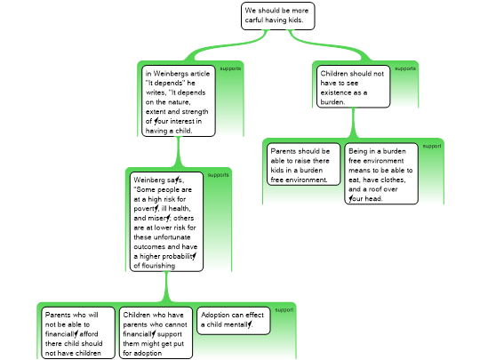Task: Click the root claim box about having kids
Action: click(277, 16)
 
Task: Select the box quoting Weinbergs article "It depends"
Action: click(179, 100)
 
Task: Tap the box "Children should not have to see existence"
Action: click(353, 86)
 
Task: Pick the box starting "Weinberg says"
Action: click(166, 221)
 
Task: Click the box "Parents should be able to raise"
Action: click(303, 164)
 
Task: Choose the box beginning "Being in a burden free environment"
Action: click(381, 173)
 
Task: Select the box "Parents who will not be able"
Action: click(78, 333)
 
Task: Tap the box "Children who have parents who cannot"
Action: click(156, 333)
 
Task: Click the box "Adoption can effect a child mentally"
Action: click(234, 321)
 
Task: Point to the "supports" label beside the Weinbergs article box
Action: click(230, 68)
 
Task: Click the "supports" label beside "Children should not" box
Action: click(405, 68)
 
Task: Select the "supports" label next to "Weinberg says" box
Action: click(218, 175)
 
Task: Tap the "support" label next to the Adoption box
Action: click(284, 310)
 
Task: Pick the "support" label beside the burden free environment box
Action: click(432, 147)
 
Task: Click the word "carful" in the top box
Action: click(253, 20)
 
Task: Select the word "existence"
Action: click(335, 92)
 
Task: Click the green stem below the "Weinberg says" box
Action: click(166, 287)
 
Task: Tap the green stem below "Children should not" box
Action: click(353, 123)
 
